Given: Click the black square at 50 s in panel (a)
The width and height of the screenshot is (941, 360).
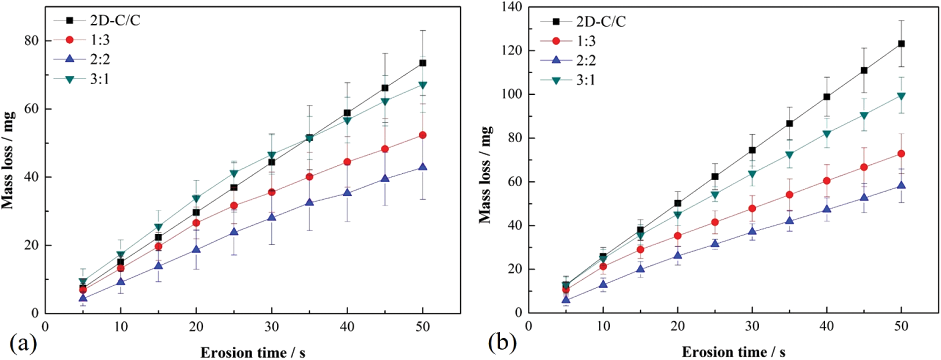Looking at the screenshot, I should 422,63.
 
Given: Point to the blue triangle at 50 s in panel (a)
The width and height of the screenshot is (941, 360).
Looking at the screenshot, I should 422,167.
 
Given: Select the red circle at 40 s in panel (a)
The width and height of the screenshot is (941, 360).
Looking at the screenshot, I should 347,162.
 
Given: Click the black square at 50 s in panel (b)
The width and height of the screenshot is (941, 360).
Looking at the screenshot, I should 901,44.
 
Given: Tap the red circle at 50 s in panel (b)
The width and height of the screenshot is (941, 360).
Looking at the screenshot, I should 901,154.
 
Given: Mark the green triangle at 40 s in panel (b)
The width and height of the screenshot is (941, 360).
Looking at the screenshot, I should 827,134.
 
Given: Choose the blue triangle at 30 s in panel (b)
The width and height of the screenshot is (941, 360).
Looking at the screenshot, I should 752,231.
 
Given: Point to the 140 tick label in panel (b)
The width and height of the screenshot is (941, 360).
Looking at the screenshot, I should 512,7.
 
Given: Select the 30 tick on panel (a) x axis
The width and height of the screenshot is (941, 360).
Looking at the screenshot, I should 271,327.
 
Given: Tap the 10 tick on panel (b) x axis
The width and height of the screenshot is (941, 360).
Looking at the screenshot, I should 603,326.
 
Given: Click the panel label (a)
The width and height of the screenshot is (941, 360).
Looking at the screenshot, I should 23,343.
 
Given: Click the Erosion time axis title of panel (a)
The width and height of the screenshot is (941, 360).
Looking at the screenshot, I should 253,353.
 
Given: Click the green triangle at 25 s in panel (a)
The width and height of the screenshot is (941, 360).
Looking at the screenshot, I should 234,173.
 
